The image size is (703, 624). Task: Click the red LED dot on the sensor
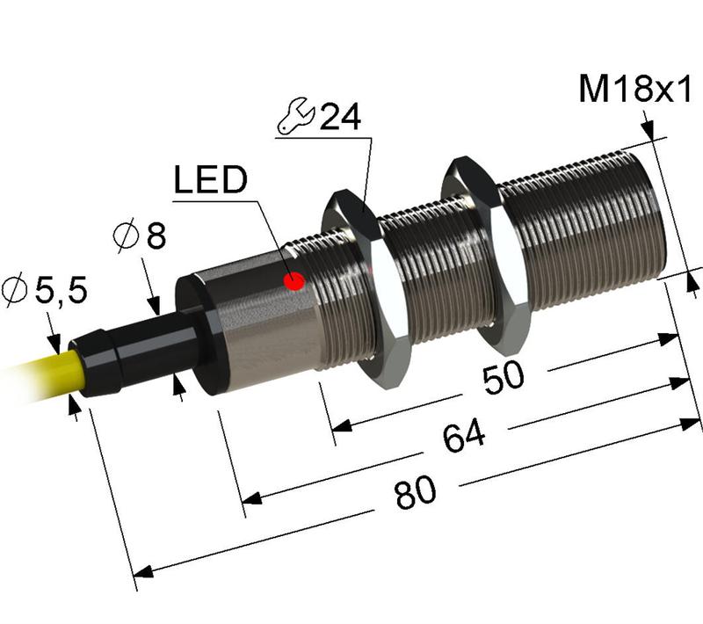coord(295,281)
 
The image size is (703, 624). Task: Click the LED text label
coord(210,181)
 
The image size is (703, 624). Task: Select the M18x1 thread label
coord(635,90)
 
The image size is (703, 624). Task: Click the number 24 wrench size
coord(339,118)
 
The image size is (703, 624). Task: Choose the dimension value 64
coord(463,437)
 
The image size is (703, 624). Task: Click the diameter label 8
coord(155,236)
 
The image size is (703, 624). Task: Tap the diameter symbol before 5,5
coord(15,289)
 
